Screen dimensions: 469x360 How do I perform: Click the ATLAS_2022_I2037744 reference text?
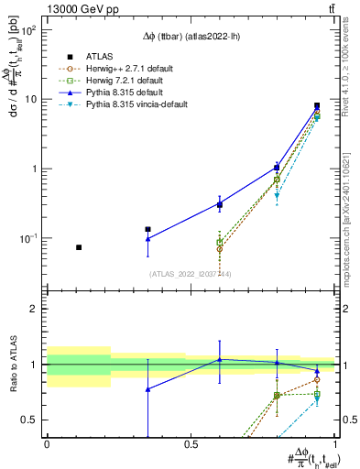tap(190, 274)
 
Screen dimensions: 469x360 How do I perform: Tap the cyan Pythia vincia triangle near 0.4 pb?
tap(277, 195)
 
